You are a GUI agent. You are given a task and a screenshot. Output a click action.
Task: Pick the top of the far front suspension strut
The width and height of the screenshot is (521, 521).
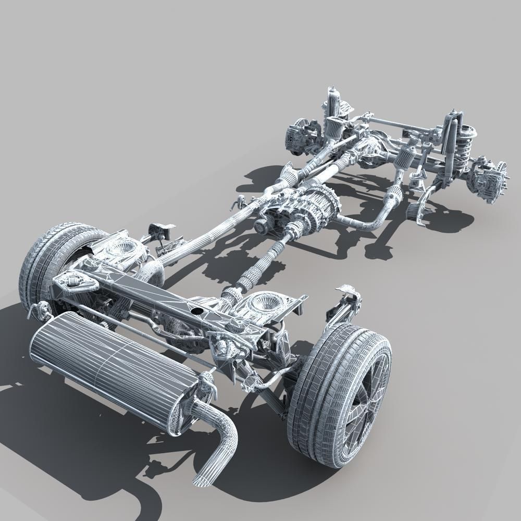332,96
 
